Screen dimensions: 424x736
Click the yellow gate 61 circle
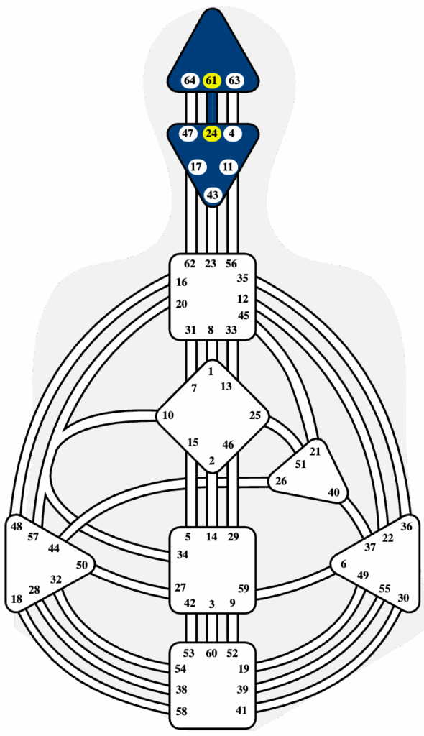pyautogui.click(x=212, y=80)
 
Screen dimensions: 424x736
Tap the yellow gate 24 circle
pyautogui.click(x=212, y=134)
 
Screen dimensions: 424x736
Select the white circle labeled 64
pyautogui.click(x=190, y=80)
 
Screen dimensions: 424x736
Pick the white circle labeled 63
pyautogui.click(x=234, y=80)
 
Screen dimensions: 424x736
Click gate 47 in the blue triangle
pyautogui.click(x=188, y=134)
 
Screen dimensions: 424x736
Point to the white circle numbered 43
pyautogui.click(x=213, y=194)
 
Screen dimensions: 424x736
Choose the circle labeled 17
pyautogui.click(x=197, y=167)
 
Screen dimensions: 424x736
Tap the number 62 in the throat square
pyautogui.click(x=190, y=264)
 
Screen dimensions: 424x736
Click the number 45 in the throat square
pyautogui.click(x=243, y=315)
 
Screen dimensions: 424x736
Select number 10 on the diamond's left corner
pyautogui.click(x=168, y=415)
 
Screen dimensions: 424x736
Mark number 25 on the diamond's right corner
pyautogui.click(x=255, y=415)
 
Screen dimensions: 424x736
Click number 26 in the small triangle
pyautogui.click(x=281, y=481)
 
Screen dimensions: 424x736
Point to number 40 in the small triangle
pyautogui.click(x=334, y=492)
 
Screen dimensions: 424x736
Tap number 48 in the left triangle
pyautogui.click(x=17, y=527)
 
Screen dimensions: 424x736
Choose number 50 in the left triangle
pyautogui.click(x=82, y=565)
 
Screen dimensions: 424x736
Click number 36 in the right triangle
pyautogui.click(x=407, y=527)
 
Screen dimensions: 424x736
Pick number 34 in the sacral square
pyautogui.click(x=183, y=555)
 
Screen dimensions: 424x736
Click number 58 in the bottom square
pyautogui.click(x=181, y=711)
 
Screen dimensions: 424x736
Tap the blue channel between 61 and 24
pyautogui.click(x=212, y=108)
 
